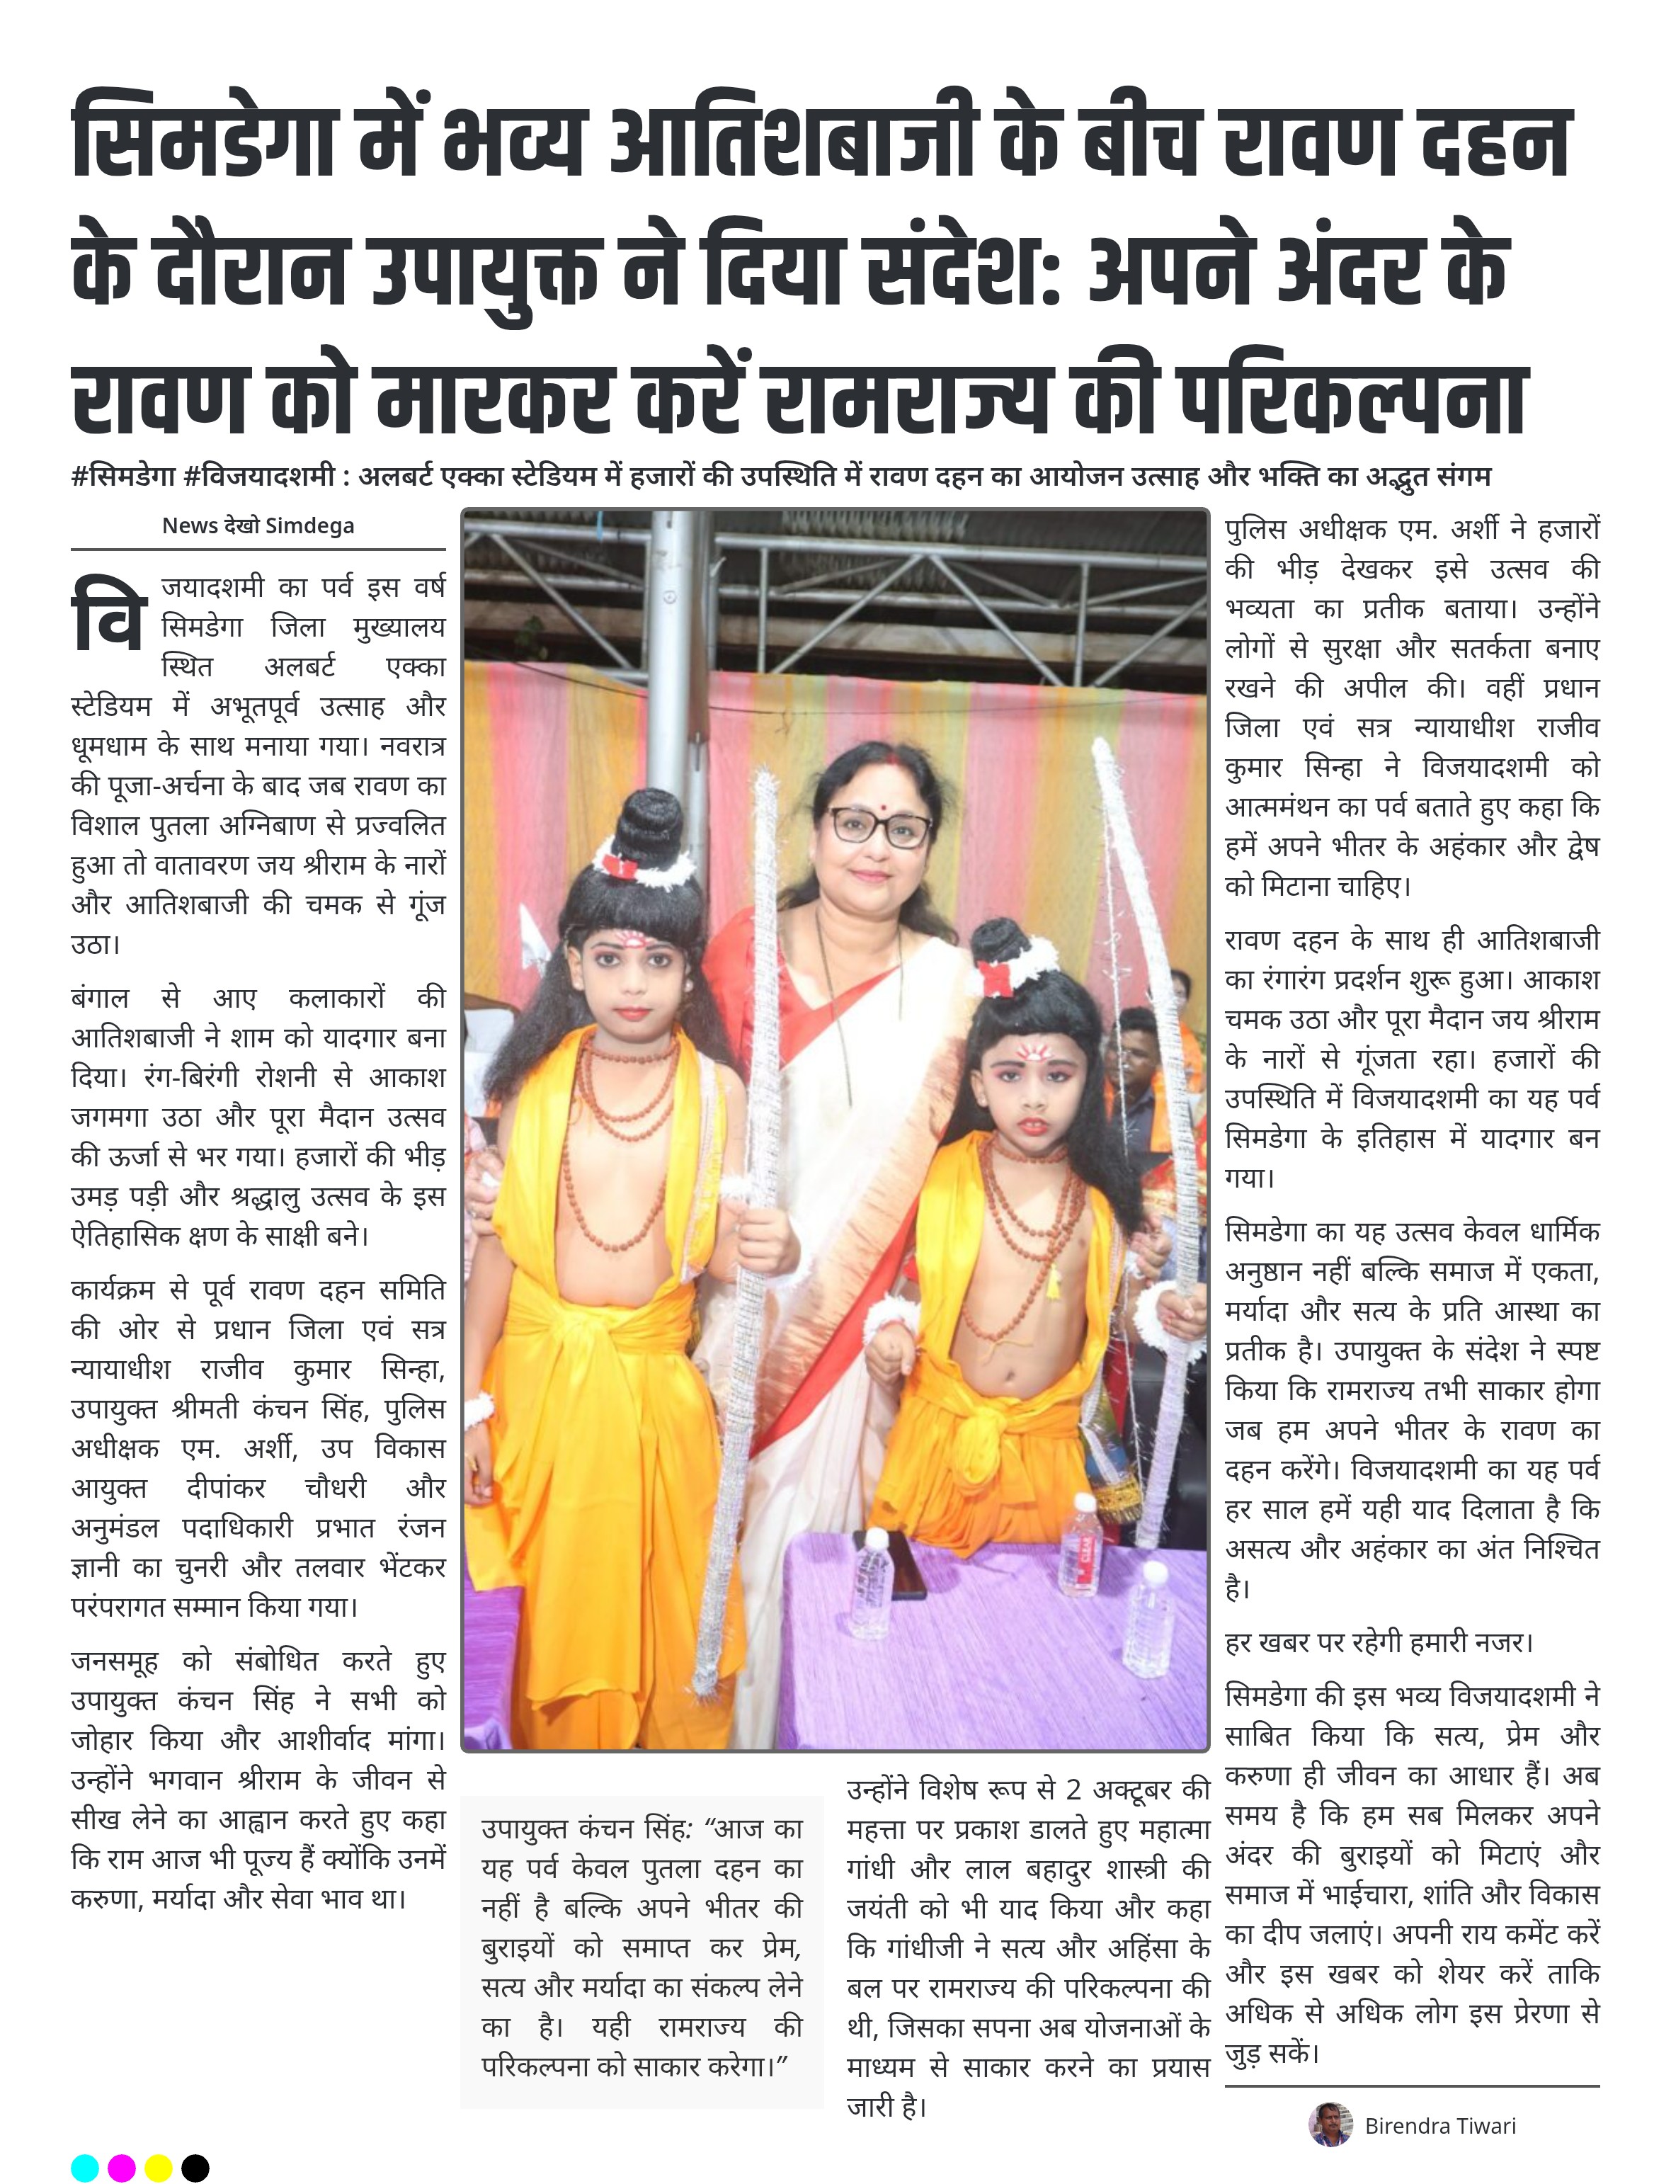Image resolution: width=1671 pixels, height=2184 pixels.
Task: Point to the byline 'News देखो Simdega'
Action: click(258, 525)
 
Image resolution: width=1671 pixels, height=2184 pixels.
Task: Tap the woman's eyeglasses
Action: click(879, 826)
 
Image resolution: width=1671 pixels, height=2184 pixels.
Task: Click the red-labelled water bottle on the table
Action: click(1080, 1547)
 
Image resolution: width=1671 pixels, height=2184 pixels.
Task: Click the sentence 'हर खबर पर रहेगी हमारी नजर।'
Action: click(1379, 1642)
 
